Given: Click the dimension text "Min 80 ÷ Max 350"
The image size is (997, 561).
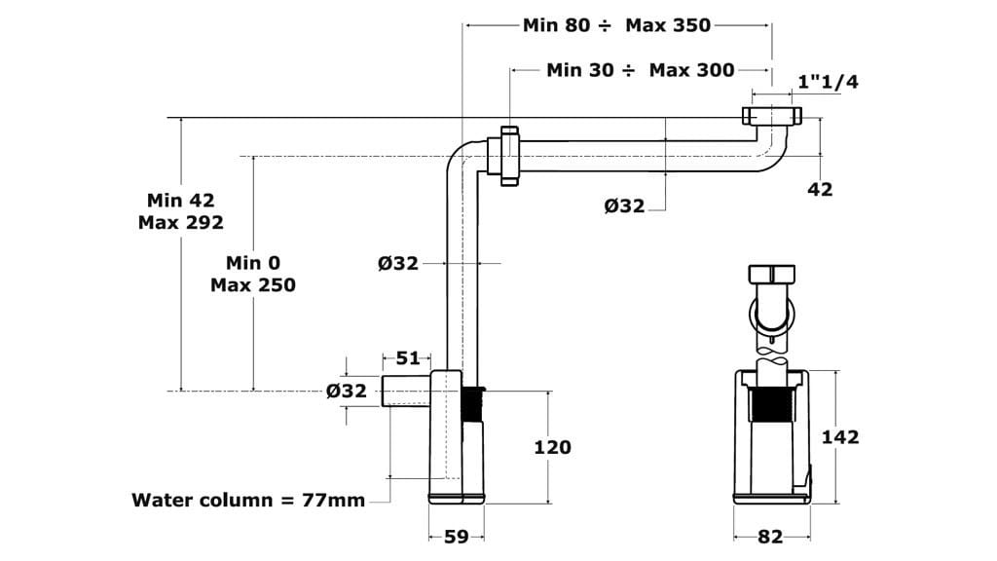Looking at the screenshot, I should click(616, 25).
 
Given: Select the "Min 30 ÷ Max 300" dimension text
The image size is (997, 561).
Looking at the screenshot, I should click(640, 70).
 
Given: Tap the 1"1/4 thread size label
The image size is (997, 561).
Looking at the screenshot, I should click(828, 82).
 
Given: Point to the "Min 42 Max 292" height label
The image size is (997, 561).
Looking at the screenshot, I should click(180, 210).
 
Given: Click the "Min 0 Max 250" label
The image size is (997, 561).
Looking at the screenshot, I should click(252, 274).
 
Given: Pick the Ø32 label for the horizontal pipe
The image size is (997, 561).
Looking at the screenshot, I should click(624, 206).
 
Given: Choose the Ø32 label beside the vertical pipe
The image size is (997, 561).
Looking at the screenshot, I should click(398, 263).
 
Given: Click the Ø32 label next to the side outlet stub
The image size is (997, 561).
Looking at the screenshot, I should click(347, 391).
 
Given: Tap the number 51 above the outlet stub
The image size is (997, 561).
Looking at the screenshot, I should click(408, 358).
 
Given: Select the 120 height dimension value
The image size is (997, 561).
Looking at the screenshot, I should click(552, 447).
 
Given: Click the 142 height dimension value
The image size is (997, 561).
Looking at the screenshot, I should click(840, 436).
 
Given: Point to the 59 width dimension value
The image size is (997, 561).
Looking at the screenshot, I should click(456, 535).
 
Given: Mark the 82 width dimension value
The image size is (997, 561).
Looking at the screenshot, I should click(770, 536).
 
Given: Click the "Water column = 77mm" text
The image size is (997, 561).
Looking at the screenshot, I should click(248, 501).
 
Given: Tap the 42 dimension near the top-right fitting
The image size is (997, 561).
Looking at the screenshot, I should click(821, 189).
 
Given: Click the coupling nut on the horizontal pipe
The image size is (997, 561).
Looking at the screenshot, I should click(509, 154).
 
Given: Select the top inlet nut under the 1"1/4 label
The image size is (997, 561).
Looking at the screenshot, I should click(772, 116).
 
